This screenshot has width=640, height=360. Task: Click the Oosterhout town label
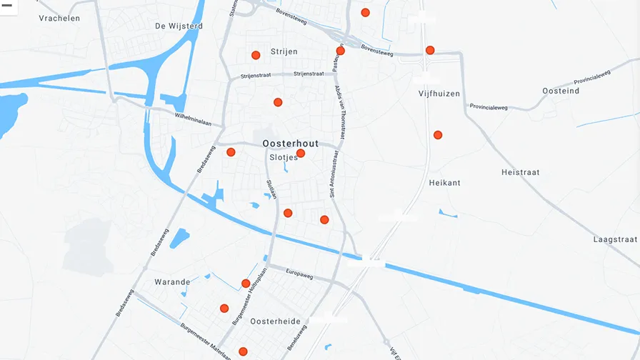[x=291, y=144]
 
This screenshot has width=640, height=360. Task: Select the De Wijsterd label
[x=179, y=26]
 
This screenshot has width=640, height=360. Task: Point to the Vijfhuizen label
[x=439, y=94]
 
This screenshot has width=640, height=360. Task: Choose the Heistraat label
[x=520, y=172]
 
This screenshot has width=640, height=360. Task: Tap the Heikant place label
[x=444, y=183]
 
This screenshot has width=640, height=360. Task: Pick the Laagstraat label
[x=615, y=240]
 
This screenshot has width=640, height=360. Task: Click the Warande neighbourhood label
[x=173, y=282]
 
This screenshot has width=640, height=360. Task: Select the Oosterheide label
[x=275, y=321]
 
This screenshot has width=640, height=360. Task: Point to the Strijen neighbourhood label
[x=284, y=52]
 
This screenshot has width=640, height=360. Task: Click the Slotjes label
[x=283, y=158]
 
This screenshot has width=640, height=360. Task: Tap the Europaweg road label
[x=299, y=273]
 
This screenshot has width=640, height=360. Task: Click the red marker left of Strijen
[x=256, y=55]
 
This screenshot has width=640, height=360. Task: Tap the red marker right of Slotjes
[x=301, y=153]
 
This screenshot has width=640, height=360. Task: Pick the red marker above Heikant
[x=438, y=135]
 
